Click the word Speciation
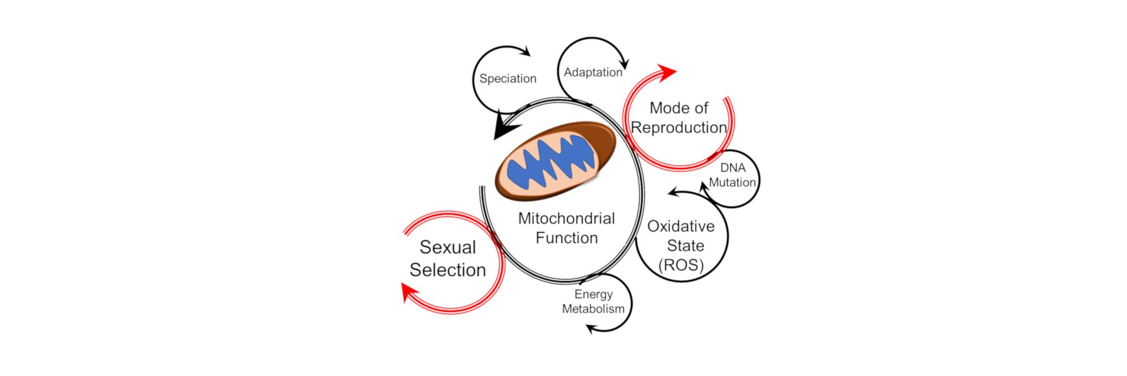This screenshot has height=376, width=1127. (x=507, y=79)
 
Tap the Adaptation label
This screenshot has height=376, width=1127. (x=593, y=72)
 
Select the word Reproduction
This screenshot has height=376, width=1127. (x=678, y=127)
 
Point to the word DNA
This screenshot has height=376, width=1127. (x=733, y=168)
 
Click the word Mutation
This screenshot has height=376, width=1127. (x=732, y=182)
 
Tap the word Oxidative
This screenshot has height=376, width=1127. (x=681, y=226)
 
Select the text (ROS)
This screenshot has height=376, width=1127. (x=681, y=265)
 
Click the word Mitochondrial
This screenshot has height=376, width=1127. (x=566, y=218)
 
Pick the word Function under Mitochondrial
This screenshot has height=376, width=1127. (x=567, y=238)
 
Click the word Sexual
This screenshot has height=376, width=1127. (x=448, y=247)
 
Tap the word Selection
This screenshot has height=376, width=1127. (x=448, y=270)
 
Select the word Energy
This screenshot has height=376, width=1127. (x=593, y=295)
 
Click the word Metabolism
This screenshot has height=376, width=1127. (x=593, y=309)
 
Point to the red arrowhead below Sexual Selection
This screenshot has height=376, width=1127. (x=409, y=292)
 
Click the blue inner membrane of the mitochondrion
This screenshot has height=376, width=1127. (x=553, y=163)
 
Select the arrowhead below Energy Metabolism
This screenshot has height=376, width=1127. (x=591, y=329)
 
